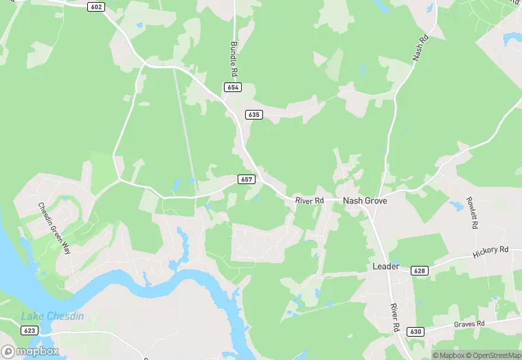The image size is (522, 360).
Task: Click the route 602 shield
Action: coord(95,7)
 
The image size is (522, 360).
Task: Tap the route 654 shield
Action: coord(233,87)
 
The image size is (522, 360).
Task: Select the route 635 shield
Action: coord(254,115)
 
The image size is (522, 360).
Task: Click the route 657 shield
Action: coord(247,179)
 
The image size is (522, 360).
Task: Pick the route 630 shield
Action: coord(414,332)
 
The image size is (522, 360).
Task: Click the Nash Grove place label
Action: coord(365,201)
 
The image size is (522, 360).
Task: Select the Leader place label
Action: coord(385,266)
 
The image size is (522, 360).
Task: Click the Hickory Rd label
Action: coord(490,251)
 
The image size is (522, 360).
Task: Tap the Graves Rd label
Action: coord(470,323)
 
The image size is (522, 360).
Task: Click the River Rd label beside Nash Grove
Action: coord(309,201)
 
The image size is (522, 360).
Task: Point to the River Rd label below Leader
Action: coord(395,319)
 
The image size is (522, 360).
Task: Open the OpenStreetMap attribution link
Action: coord(494,355)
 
